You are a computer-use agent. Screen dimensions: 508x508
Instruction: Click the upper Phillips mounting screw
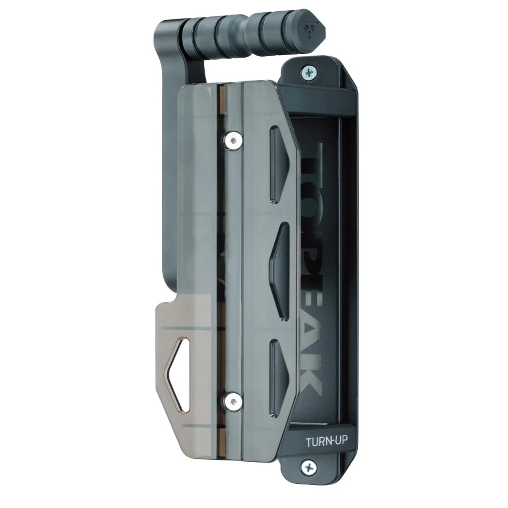tap(309, 71)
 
